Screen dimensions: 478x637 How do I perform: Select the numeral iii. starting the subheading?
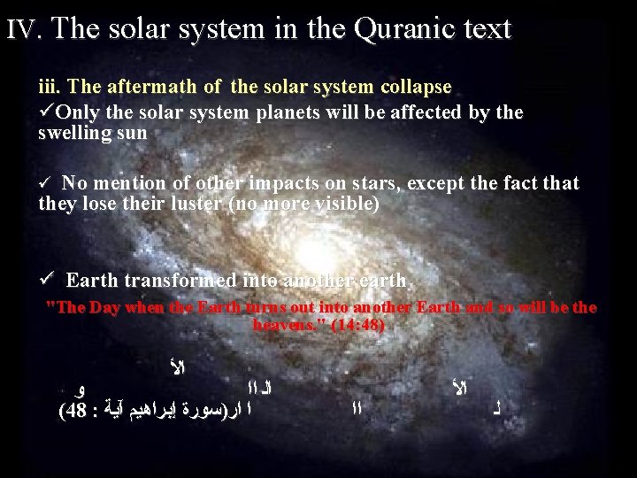[x=50, y=88]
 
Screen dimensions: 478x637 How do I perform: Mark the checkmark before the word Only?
[x=46, y=112]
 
